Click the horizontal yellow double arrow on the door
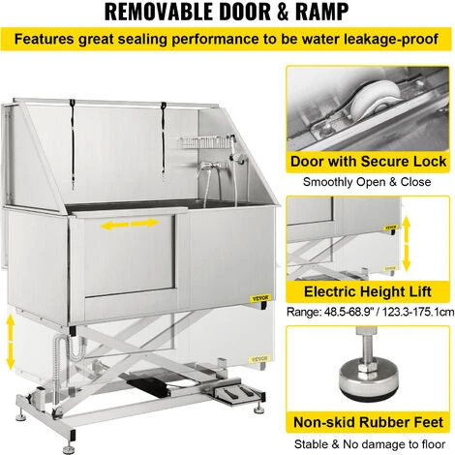[x=131, y=224]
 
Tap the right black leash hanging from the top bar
[x=164, y=139]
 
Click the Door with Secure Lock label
[x=368, y=162]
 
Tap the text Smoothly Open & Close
[x=367, y=182]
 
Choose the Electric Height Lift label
[x=368, y=291]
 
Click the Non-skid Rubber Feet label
[x=368, y=422]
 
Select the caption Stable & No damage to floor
[x=370, y=444]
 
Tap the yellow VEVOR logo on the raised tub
[x=260, y=298]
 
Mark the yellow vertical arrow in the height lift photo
[x=407, y=244]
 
